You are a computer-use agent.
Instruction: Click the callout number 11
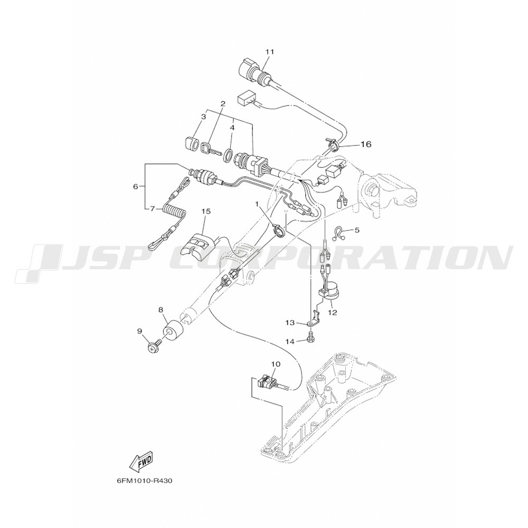point(270,52)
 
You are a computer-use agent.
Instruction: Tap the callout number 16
point(366,144)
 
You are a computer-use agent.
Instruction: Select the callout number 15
point(206,211)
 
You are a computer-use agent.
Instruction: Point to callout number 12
point(332,312)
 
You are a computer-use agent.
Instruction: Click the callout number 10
point(276,364)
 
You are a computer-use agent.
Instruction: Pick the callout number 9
point(140,331)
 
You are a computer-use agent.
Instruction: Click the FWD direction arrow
point(142,463)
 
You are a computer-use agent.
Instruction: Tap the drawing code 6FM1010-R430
point(145,481)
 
